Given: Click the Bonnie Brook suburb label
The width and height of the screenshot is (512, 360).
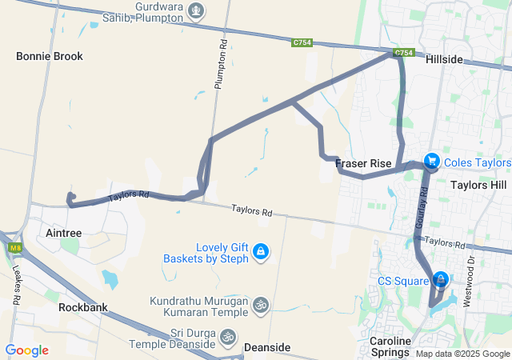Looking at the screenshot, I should click(x=50, y=57).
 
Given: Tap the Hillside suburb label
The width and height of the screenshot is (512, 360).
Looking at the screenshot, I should click(x=444, y=60).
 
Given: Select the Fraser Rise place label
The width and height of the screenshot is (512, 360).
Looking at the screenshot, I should click(x=363, y=164).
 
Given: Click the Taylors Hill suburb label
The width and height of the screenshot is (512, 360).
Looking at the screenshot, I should click(x=478, y=185).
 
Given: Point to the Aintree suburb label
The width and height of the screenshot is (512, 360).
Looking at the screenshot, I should click(x=60, y=233).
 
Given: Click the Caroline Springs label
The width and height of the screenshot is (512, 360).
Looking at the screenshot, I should click(x=390, y=346).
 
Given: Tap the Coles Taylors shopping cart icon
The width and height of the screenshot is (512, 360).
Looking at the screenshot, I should click(x=432, y=162).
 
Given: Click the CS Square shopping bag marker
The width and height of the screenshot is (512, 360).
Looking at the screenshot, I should click(x=440, y=280).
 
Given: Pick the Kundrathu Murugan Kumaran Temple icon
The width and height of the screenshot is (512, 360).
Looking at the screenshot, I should click(x=259, y=305).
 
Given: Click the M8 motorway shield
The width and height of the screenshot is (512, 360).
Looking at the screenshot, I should click(x=14, y=248).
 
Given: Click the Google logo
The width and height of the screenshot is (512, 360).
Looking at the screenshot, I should click(x=26, y=350).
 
